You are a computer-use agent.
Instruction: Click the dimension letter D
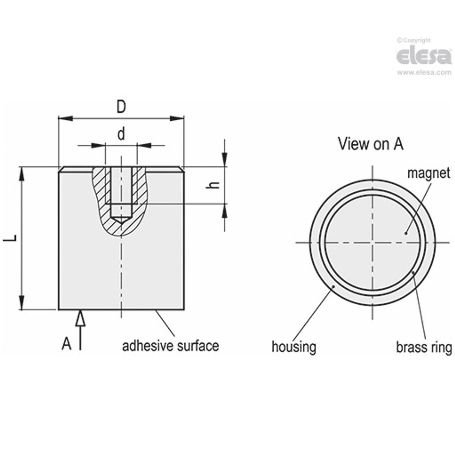(121, 107)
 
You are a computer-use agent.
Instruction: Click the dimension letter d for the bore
(121, 134)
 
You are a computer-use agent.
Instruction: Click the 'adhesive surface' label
(171, 345)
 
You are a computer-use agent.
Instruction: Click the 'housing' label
(293, 347)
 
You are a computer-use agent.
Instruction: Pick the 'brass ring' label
(424, 347)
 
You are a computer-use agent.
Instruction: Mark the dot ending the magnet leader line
(406, 233)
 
